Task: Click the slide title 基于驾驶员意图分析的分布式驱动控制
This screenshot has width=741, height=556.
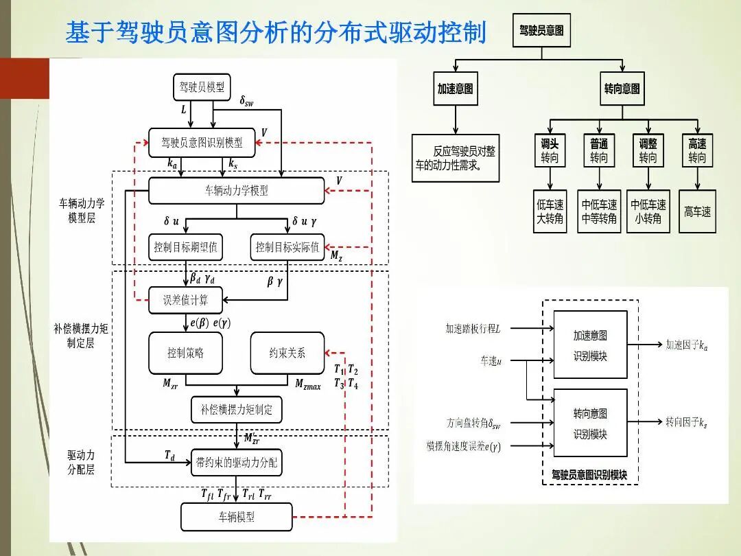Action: (276, 32)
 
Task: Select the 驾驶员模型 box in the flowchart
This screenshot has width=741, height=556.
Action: (201, 87)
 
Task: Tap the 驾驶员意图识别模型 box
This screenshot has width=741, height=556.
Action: (202, 143)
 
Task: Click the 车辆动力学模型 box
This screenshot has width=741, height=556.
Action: (236, 191)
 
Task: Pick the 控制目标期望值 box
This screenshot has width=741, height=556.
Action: (185, 247)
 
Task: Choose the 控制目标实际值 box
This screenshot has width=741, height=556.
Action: (287, 247)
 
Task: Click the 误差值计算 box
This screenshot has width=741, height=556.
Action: (185, 300)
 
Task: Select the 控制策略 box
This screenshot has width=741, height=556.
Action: (185, 353)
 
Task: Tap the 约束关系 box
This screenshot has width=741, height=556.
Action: (287, 353)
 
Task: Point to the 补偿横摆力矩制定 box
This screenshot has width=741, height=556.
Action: (236, 410)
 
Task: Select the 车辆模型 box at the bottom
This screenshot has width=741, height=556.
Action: (236, 517)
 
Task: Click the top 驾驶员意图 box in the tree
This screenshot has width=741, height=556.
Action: (541, 31)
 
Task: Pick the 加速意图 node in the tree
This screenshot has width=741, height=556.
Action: (455, 89)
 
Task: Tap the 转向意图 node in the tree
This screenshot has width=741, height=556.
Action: (622, 89)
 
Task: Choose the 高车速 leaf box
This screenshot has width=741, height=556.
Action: (697, 211)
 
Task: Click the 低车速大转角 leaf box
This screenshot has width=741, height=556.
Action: (550, 211)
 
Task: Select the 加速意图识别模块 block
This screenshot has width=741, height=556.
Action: (590, 345)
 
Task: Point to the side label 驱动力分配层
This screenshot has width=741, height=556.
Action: (81, 463)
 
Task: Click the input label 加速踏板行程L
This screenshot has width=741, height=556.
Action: (473, 329)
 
